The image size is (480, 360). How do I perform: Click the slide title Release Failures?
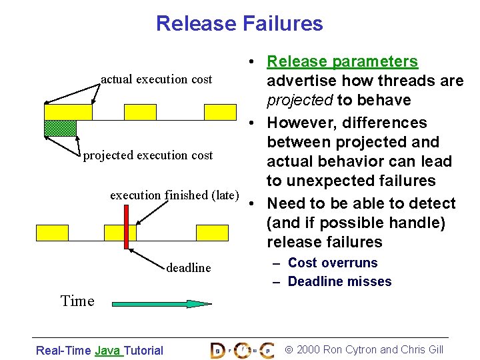tap(239, 24)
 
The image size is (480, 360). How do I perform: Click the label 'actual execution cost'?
tap(156, 79)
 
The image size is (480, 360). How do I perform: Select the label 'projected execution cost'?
tap(147, 155)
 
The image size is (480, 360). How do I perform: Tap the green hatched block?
tap(60, 128)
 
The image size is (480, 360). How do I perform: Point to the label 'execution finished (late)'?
tap(174, 195)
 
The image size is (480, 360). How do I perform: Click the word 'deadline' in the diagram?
tap(189, 268)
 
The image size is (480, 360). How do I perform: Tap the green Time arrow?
tap(161, 303)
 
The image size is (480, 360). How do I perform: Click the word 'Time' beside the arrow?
tap(77, 301)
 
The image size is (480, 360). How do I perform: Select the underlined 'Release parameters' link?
tap(342, 62)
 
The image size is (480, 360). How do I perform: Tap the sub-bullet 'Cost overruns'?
tap(332, 263)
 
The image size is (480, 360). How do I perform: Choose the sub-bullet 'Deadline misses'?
tap(339, 281)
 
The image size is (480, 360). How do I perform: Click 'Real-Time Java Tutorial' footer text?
tap(99, 350)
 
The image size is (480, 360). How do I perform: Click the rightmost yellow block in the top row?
tap(220, 112)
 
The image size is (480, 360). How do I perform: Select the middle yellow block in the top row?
tap(140, 112)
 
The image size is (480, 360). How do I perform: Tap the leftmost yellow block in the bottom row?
tap(52, 232)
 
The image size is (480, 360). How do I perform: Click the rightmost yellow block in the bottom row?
tap(212, 232)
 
